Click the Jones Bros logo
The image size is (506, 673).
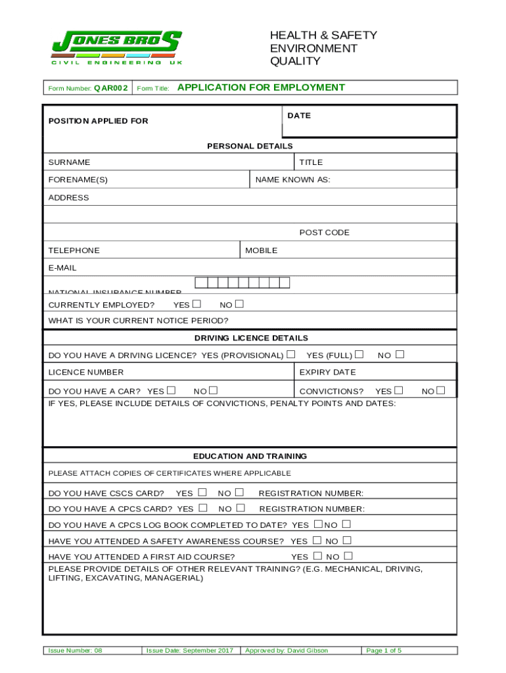click(x=117, y=48)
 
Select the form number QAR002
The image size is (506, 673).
click(x=110, y=87)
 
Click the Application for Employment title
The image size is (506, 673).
click(x=261, y=87)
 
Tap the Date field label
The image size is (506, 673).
click(x=299, y=116)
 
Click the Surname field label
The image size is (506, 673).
click(x=70, y=162)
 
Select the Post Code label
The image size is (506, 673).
click(x=325, y=233)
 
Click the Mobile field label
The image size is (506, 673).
click(x=262, y=250)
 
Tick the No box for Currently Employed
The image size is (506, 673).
click(x=239, y=304)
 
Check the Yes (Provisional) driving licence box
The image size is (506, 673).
click(x=291, y=355)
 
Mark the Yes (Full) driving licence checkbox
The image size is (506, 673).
click(x=359, y=355)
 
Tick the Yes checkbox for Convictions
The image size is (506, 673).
click(x=399, y=390)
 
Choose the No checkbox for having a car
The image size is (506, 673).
click(x=213, y=390)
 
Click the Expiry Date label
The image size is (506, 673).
click(x=327, y=373)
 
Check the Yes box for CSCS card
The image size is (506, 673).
click(x=202, y=492)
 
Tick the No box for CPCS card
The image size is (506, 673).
click(x=241, y=508)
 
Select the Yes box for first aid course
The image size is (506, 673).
click(x=317, y=556)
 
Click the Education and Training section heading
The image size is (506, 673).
click(x=250, y=456)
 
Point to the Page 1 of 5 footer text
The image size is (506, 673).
click(x=384, y=651)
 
